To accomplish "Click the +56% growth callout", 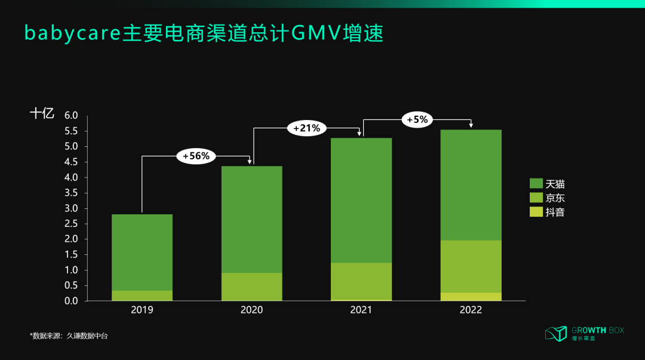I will click(x=196, y=156).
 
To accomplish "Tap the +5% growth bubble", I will click(x=417, y=119).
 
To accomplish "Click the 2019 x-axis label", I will click(x=142, y=310).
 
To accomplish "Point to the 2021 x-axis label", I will click(x=361, y=310).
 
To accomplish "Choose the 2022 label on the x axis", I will click(x=471, y=310).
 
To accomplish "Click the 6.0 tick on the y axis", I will click(x=72, y=115).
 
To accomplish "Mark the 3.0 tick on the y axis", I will click(x=72, y=208).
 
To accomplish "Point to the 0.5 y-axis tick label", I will click(x=72, y=285).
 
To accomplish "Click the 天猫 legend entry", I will click(x=547, y=184).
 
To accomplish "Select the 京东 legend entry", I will click(x=547, y=198).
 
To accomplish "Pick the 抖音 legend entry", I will click(x=547, y=211).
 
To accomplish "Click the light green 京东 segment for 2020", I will click(x=251, y=287).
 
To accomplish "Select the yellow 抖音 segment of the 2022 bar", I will click(x=471, y=297).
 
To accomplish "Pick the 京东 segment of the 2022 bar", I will click(x=471, y=266).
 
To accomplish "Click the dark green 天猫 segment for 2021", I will click(x=361, y=200).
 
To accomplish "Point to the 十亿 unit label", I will click(x=42, y=113).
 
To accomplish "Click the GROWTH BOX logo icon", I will click(x=555, y=334).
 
